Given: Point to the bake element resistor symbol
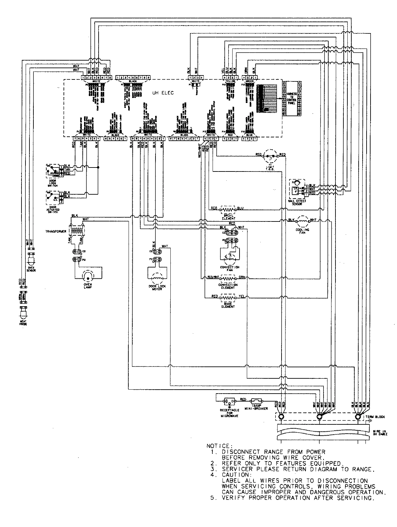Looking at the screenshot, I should pos(228,298).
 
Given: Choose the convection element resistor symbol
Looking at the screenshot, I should pos(228,278).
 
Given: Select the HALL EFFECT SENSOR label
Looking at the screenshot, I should pos(297,203).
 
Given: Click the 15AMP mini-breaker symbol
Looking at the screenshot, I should pos(257,401).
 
